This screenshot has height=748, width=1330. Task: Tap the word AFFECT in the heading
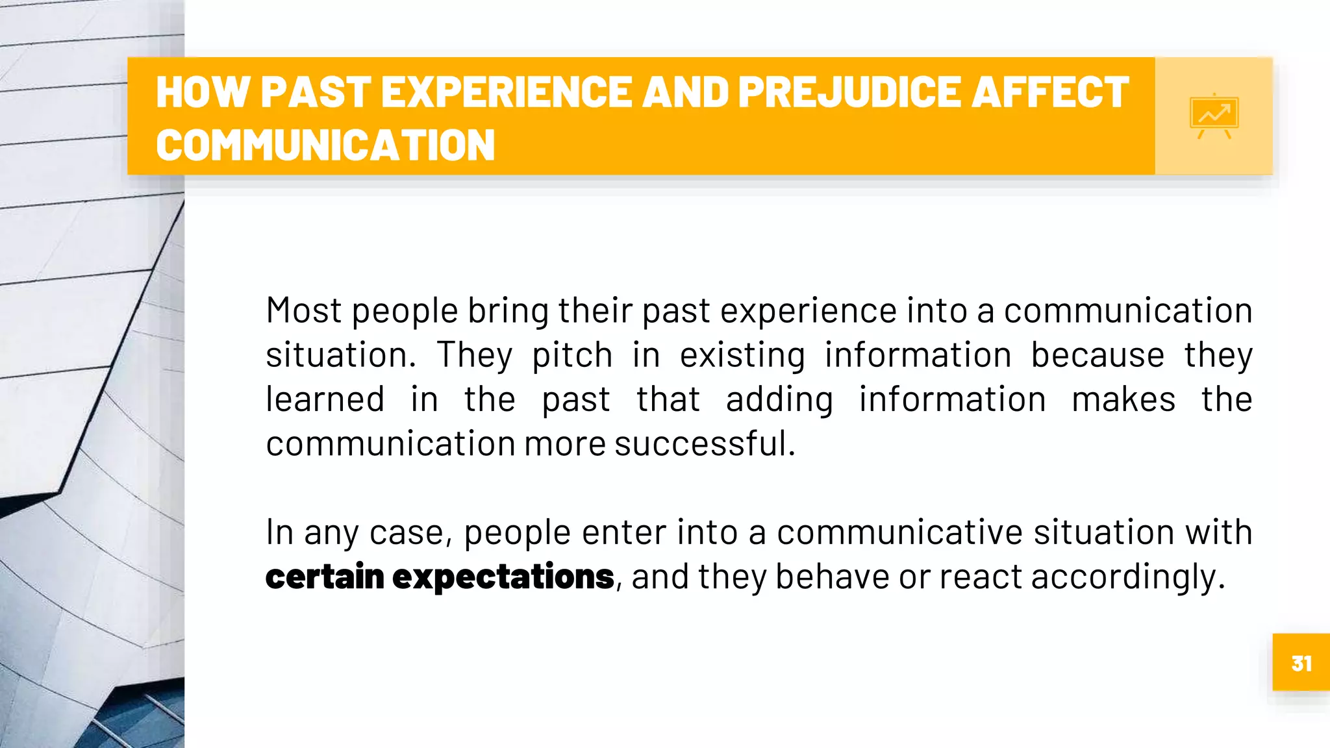[1050, 92]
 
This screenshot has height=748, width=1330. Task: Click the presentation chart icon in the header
[1214, 116]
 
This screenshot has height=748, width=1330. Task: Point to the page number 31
[1301, 663]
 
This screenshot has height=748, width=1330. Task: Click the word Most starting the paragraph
[303, 310]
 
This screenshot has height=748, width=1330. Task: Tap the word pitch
[572, 356]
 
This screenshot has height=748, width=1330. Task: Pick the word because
[1098, 355]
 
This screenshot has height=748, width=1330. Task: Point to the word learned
[325, 399]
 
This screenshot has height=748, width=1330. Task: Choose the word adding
[779, 400]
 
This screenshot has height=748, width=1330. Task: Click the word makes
[1123, 399]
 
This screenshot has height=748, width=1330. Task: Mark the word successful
[704, 443]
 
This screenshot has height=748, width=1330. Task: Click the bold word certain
[325, 577]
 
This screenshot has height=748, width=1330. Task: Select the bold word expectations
[503, 577]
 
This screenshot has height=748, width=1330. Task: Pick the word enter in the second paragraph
[624, 532]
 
